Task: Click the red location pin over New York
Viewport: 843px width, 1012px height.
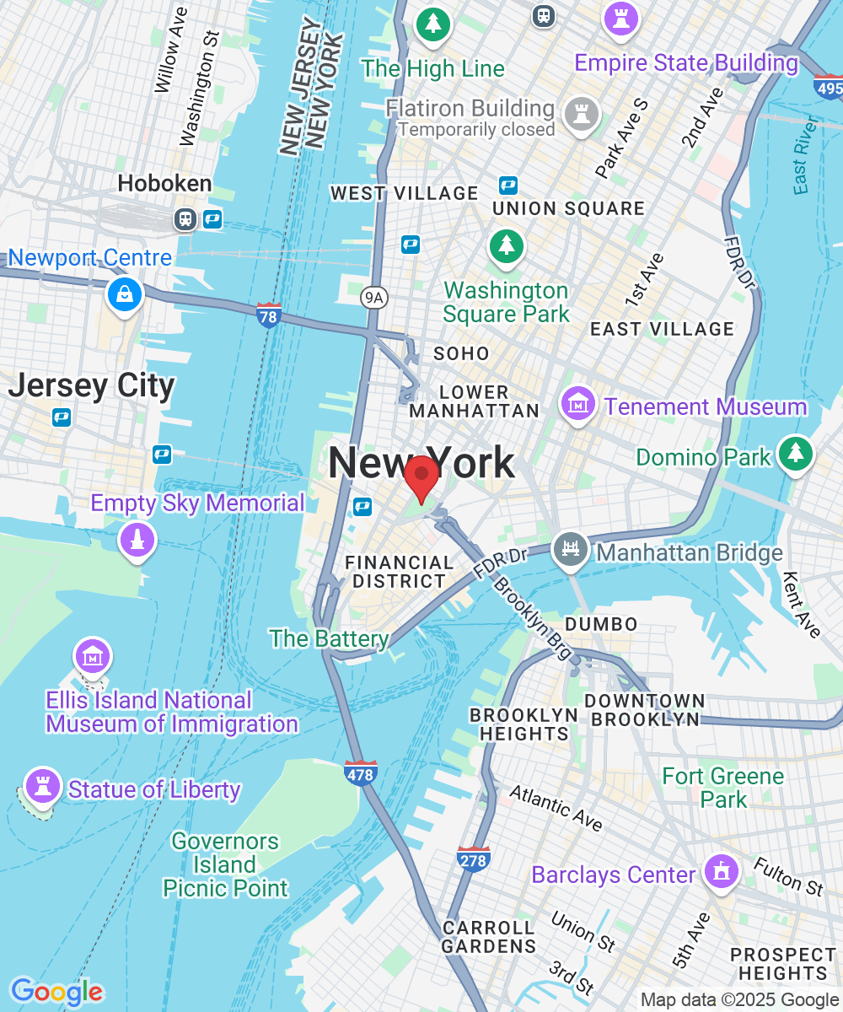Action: (421, 477)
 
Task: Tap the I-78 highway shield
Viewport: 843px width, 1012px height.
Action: (268, 315)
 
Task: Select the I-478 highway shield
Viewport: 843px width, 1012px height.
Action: (360, 772)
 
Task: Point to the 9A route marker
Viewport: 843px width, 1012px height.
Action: (372, 297)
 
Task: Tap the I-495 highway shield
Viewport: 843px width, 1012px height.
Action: (827, 87)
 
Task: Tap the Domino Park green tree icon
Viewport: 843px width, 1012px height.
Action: (795, 454)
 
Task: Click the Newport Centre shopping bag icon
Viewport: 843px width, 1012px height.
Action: (125, 294)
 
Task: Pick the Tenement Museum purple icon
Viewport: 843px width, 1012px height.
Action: (578, 404)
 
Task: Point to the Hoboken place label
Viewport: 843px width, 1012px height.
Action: (164, 183)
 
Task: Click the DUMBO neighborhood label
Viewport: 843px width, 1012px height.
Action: (600, 624)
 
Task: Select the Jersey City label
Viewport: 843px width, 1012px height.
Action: (91, 386)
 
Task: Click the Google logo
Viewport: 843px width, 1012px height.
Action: (56, 992)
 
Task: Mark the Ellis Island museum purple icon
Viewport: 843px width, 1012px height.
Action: (93, 655)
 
